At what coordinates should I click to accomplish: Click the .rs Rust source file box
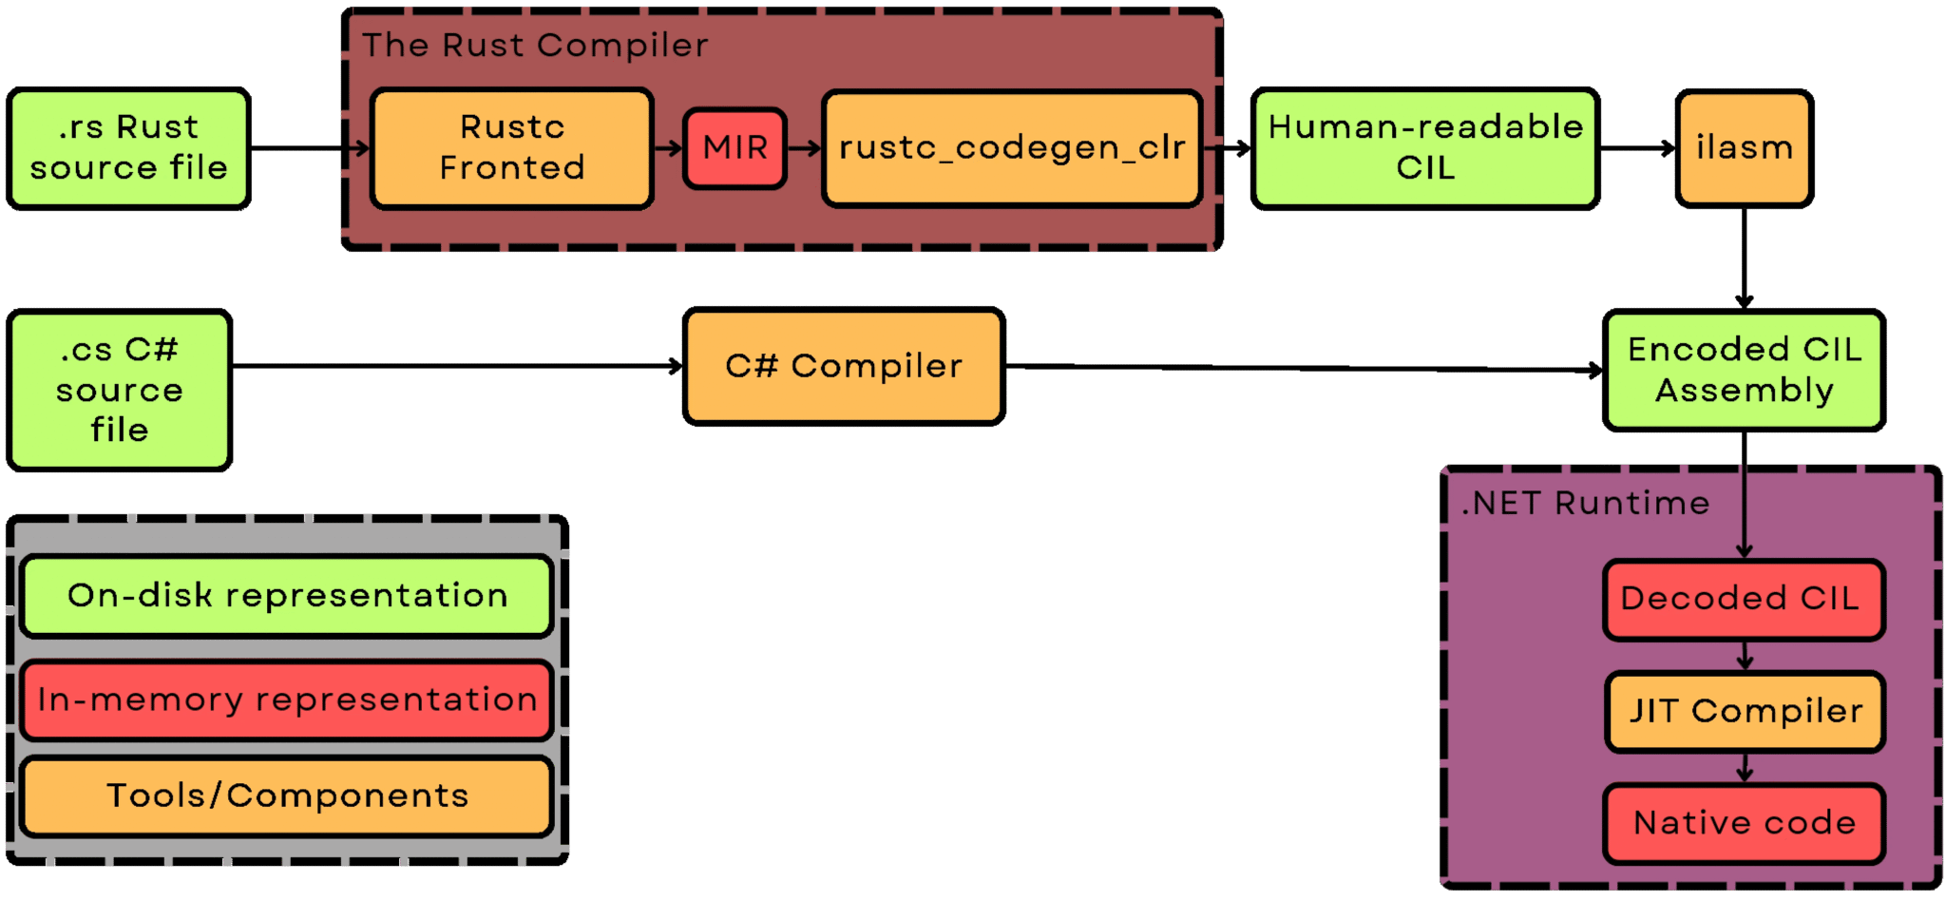[x=128, y=148]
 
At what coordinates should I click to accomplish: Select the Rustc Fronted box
[x=511, y=148]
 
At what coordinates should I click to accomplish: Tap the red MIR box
[x=735, y=148]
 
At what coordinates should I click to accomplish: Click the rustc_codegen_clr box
[x=1012, y=148]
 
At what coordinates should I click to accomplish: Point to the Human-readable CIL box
[x=1425, y=148]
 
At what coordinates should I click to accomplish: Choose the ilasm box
[x=1745, y=148]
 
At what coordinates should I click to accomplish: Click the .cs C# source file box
[x=119, y=390]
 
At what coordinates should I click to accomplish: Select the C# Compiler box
[x=844, y=366]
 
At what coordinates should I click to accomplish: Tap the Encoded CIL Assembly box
[x=1745, y=371]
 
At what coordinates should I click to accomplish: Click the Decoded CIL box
[x=1745, y=599]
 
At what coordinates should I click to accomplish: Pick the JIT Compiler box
[x=1745, y=711]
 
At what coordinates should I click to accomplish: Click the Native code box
[x=1745, y=823]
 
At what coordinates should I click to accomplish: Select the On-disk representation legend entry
[x=287, y=596]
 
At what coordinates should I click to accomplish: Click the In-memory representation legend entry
[x=287, y=700]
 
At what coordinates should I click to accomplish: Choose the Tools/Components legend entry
[x=287, y=796]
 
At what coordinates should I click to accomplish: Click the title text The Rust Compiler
[x=535, y=46]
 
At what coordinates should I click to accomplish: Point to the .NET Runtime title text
[x=1585, y=503]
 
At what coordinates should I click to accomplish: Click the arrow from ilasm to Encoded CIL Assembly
[x=1745, y=257]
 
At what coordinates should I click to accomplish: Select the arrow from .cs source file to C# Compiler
[x=456, y=366]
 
